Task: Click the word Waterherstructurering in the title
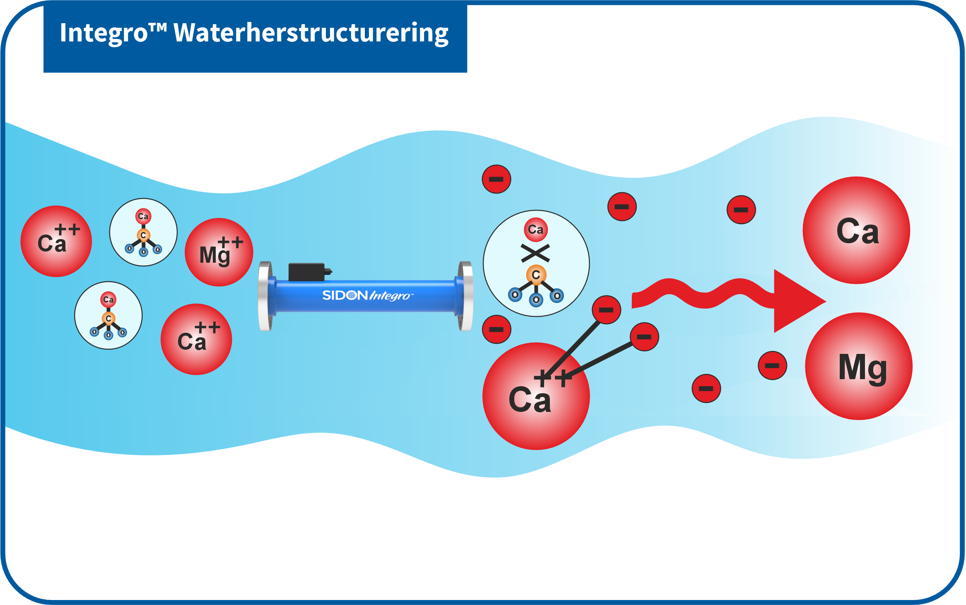311,33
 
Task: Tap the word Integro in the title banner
104,33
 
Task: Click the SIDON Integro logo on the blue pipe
366,295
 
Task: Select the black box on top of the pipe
307,272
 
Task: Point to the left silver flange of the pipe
265,296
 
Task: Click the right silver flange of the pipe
465,296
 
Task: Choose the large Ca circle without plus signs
856,230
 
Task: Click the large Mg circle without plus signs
859,366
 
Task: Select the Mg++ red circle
219,252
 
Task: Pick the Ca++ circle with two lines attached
536,396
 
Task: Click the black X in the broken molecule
535,253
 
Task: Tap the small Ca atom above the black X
536,230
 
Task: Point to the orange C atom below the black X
536,275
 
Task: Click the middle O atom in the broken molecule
536,300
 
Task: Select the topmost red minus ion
496,179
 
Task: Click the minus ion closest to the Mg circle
772,365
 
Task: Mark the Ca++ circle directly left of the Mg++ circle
56,241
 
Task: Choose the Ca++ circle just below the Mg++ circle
196,339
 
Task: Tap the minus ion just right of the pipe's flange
496,329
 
